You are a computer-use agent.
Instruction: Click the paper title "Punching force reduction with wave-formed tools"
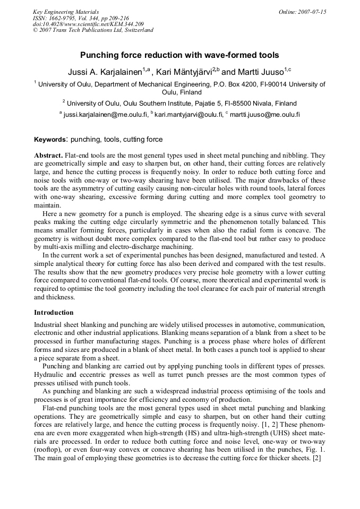(x=179, y=55)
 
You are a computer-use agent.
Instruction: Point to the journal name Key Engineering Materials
(x=66, y=12)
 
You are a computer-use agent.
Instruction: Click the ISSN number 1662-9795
(x=63, y=18)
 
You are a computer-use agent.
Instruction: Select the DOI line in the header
(x=88, y=24)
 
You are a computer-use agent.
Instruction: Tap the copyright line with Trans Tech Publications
(x=93, y=30)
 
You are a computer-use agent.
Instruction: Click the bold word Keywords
(x=49, y=140)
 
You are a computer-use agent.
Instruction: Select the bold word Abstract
(x=48, y=156)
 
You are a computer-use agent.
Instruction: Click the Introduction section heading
(x=54, y=312)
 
